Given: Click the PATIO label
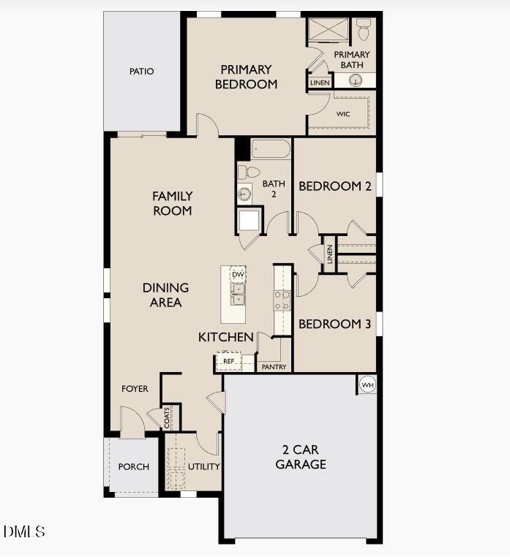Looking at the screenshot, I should point(141,72).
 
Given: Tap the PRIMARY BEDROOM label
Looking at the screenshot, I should point(246,77).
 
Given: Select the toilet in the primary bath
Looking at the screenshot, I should point(364,29).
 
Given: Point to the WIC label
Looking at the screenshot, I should point(343,114).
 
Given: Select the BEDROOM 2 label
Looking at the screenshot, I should point(334,186).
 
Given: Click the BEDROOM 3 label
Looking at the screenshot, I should point(334,324).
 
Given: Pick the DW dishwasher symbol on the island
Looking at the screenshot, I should point(237,274).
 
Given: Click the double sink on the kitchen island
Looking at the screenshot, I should point(237,295).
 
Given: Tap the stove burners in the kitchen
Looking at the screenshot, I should point(282,300).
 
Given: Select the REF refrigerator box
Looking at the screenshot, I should point(228,361).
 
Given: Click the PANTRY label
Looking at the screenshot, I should point(274,367).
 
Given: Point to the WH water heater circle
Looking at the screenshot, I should point(367,384).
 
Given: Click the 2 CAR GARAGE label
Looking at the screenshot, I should point(301,457).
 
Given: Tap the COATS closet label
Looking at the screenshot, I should point(168,417).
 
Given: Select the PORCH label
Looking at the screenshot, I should point(133,466).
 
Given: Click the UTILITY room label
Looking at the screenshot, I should point(204,466).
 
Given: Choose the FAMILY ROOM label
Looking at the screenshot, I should point(172,203).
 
